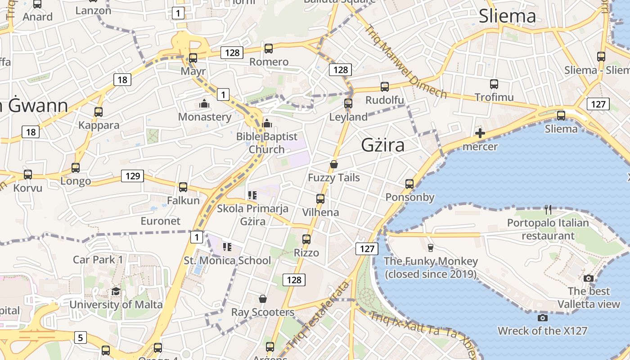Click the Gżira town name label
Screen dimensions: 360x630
(382, 145)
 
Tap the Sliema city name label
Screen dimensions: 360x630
(507, 16)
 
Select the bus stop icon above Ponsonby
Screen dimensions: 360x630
(409, 184)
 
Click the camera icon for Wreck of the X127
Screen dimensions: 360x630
(543, 318)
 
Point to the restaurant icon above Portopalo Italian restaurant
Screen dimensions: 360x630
(548, 209)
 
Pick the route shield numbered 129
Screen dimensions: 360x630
(133, 176)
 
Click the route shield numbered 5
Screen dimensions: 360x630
(80, 337)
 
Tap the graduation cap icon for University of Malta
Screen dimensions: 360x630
(116, 292)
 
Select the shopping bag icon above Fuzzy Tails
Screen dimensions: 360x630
(334, 164)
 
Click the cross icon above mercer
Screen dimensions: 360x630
(480, 133)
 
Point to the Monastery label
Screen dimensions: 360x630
(205, 117)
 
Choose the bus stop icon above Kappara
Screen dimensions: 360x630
(99, 112)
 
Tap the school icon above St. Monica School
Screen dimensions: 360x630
(227, 247)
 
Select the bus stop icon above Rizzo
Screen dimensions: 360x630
(306, 239)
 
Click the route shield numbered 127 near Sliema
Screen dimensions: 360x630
(598, 104)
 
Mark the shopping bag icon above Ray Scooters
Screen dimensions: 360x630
(263, 299)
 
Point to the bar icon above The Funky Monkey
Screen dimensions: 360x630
(430, 247)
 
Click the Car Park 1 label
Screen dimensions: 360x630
(98, 260)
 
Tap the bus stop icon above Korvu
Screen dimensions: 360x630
(28, 175)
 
